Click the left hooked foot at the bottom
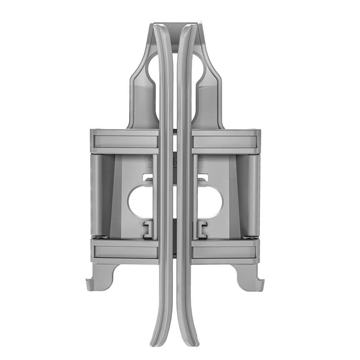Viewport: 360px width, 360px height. [x=100, y=277]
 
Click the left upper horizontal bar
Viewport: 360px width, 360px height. [x=124, y=141]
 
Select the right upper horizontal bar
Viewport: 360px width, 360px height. [x=226, y=141]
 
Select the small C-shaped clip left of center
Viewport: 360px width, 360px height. [x=148, y=229]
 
